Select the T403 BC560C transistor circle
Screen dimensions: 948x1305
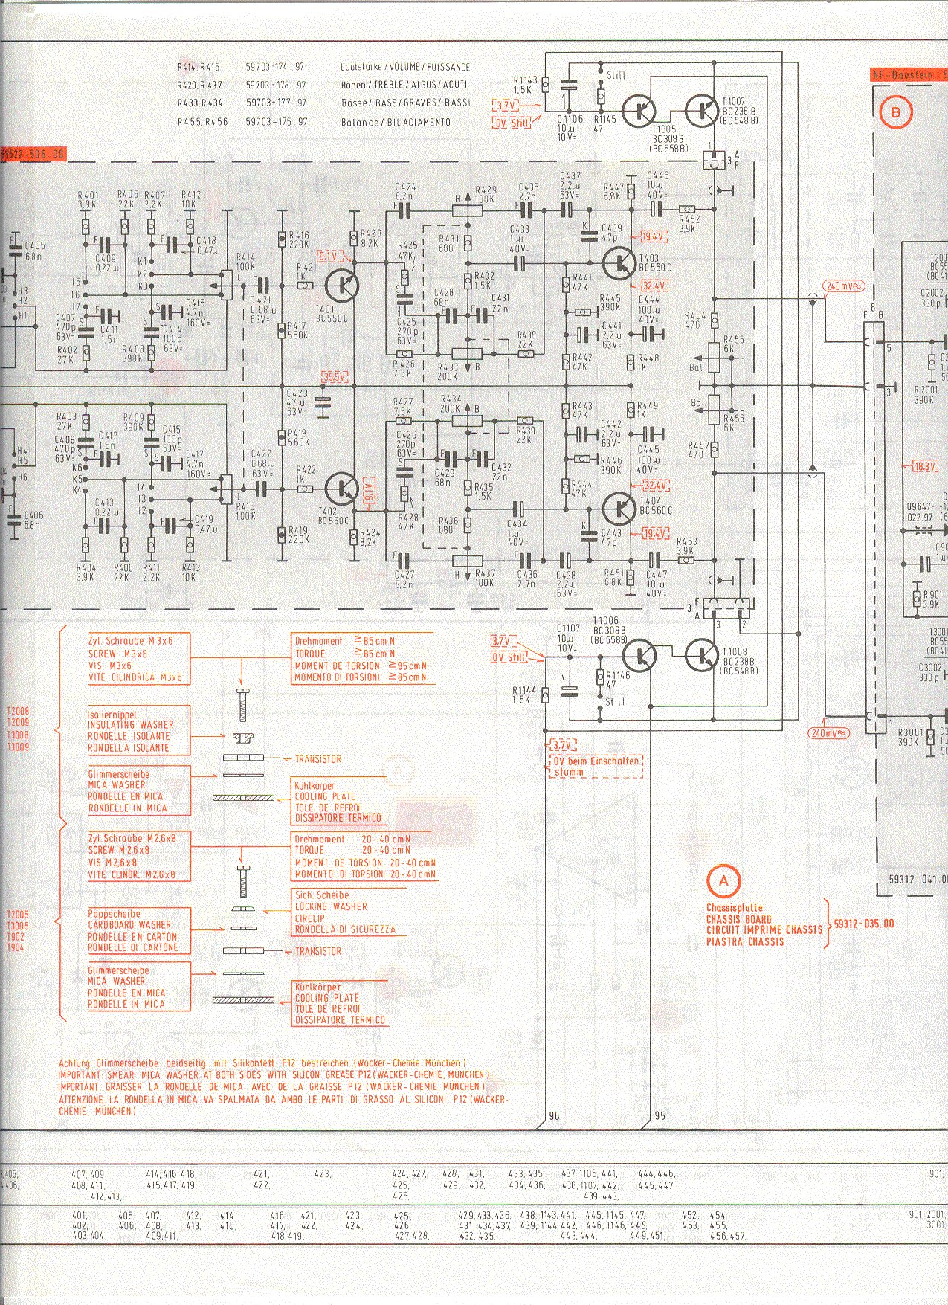(619, 262)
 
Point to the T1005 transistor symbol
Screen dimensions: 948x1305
(639, 111)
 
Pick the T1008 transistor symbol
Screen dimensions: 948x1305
(701, 654)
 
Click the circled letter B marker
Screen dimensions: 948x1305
(895, 112)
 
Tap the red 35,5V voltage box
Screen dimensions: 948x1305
(335, 377)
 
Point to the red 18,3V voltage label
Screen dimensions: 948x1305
(925, 466)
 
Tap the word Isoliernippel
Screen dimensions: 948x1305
(112, 713)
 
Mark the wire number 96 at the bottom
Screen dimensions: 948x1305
(553, 1116)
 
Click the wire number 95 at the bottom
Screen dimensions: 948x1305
(660, 1116)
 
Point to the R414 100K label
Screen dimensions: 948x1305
(245, 262)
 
